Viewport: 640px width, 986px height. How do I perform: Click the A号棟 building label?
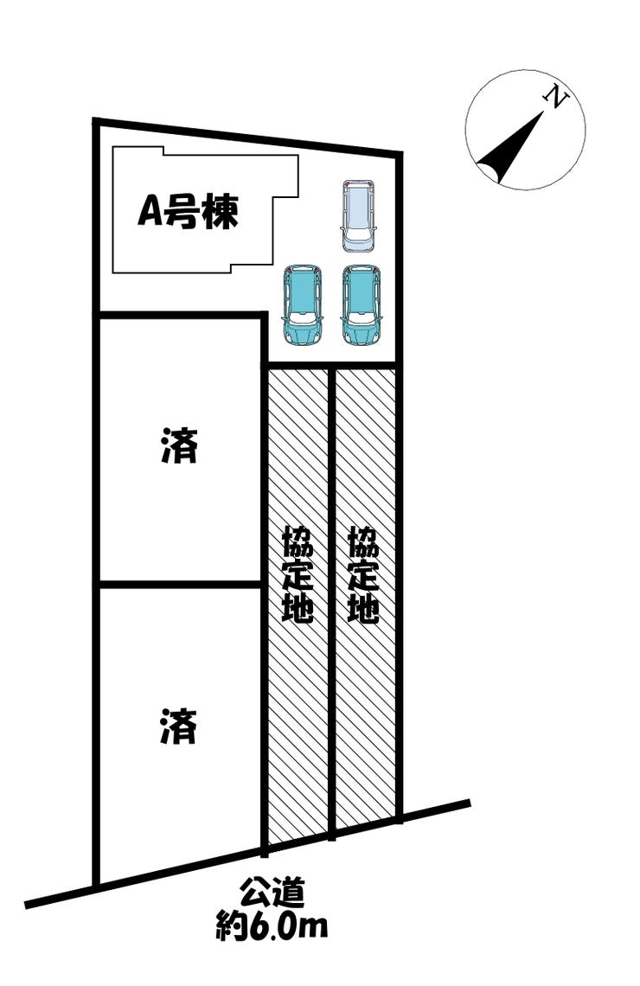click(x=187, y=213)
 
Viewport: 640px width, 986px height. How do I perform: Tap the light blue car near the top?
click(x=358, y=215)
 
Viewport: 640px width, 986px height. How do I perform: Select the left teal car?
click(x=302, y=304)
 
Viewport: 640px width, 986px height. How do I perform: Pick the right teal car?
click(x=361, y=304)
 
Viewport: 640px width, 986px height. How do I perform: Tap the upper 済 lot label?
click(x=179, y=448)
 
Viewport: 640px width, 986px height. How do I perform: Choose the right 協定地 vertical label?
click(x=363, y=575)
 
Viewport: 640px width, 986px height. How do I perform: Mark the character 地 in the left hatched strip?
click(x=298, y=607)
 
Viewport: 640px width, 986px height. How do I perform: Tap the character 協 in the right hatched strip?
click(x=363, y=542)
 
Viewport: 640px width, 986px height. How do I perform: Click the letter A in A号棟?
click(x=151, y=213)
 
